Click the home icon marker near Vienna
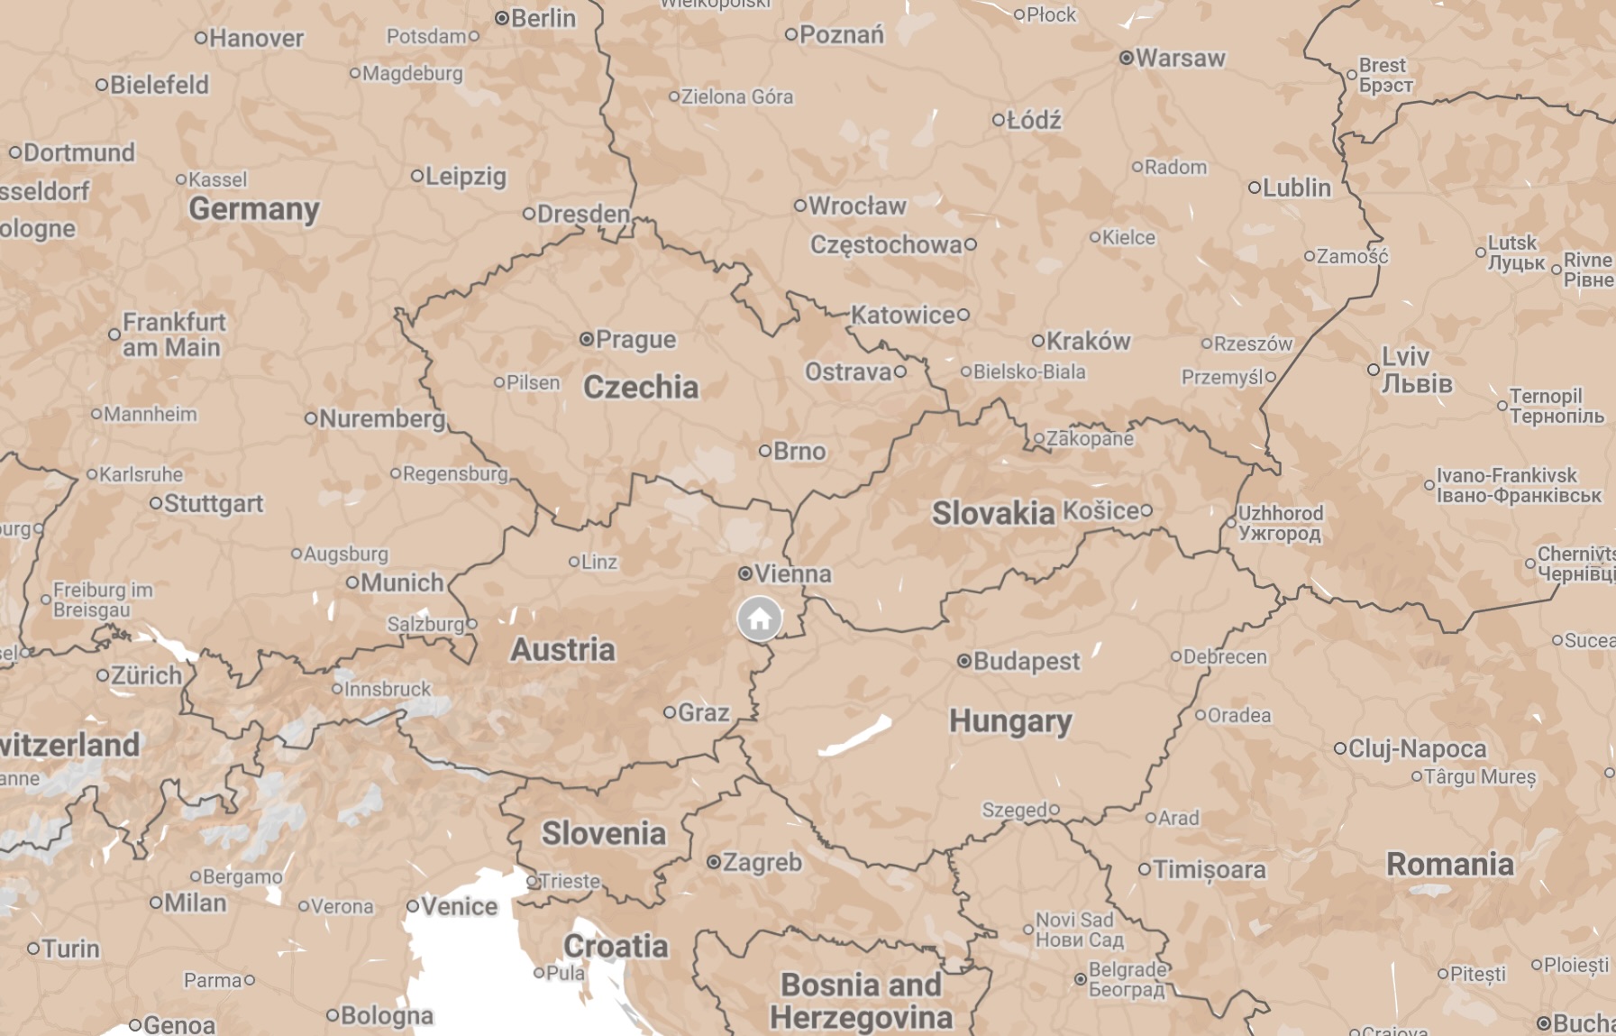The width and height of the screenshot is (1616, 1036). click(x=759, y=619)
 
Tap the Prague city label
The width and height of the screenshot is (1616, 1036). click(x=635, y=340)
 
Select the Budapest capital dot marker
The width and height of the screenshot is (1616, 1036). click(x=964, y=661)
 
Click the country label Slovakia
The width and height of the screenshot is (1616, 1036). click(x=992, y=513)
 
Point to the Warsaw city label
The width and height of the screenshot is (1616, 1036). click(x=1180, y=59)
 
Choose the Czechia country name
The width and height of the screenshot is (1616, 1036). click(x=641, y=387)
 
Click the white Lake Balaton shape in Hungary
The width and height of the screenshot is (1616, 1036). click(x=854, y=737)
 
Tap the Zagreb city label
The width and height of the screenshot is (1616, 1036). click(x=762, y=863)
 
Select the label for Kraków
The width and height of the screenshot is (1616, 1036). click(x=1088, y=341)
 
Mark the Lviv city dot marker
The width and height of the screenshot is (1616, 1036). click(x=1373, y=370)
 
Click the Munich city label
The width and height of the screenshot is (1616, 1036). click(x=402, y=582)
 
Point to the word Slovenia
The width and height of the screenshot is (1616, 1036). click(x=603, y=833)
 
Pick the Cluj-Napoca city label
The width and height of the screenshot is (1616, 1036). click(x=1417, y=748)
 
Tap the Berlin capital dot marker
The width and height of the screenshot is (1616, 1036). click(x=502, y=18)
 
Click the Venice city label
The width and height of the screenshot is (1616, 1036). click(x=459, y=906)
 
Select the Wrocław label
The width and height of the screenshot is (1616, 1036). click(x=857, y=206)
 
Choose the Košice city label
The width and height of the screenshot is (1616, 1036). click(x=1100, y=510)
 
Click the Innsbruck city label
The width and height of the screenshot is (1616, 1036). click(x=388, y=689)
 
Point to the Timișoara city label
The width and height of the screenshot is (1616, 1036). click(x=1209, y=869)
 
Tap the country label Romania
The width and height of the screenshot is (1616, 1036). click(x=1449, y=864)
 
